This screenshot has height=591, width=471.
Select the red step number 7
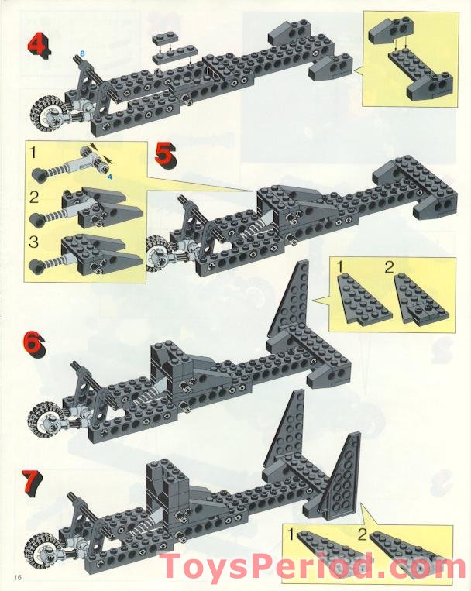pyautogui.click(x=32, y=482)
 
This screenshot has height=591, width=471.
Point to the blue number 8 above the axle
pyautogui.click(x=83, y=53)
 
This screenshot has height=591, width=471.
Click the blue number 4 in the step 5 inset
pyautogui.click(x=109, y=177)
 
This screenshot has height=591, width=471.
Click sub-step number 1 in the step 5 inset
pyautogui.click(x=33, y=153)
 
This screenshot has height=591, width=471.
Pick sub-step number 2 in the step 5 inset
pyautogui.click(x=34, y=197)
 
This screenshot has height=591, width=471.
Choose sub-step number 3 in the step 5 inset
pyautogui.click(x=33, y=242)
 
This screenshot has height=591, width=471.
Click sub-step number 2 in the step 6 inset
pyautogui.click(x=390, y=267)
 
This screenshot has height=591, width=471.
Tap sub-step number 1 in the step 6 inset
pyautogui.click(x=340, y=267)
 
